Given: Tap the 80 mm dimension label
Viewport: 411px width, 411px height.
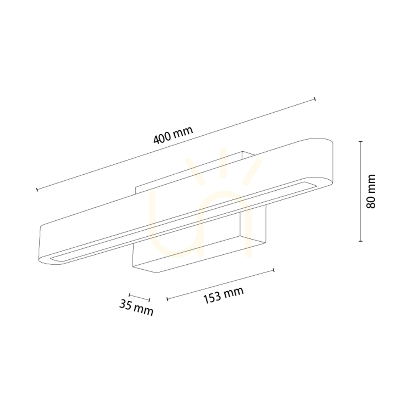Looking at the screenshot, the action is [x=371, y=191].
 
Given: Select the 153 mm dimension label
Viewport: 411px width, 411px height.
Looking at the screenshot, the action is [x=224, y=295].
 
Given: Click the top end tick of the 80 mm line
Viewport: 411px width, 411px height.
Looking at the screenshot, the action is [x=361, y=141].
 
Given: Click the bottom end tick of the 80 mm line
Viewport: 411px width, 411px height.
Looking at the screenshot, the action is [x=361, y=241].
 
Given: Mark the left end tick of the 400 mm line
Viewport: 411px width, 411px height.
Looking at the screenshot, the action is [x=37, y=189].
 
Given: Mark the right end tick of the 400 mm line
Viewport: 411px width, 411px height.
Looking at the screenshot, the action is [x=315, y=99].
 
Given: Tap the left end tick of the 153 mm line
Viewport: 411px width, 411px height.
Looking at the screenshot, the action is [x=168, y=299].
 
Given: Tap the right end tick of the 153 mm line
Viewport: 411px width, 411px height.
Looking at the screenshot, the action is [x=274, y=270].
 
